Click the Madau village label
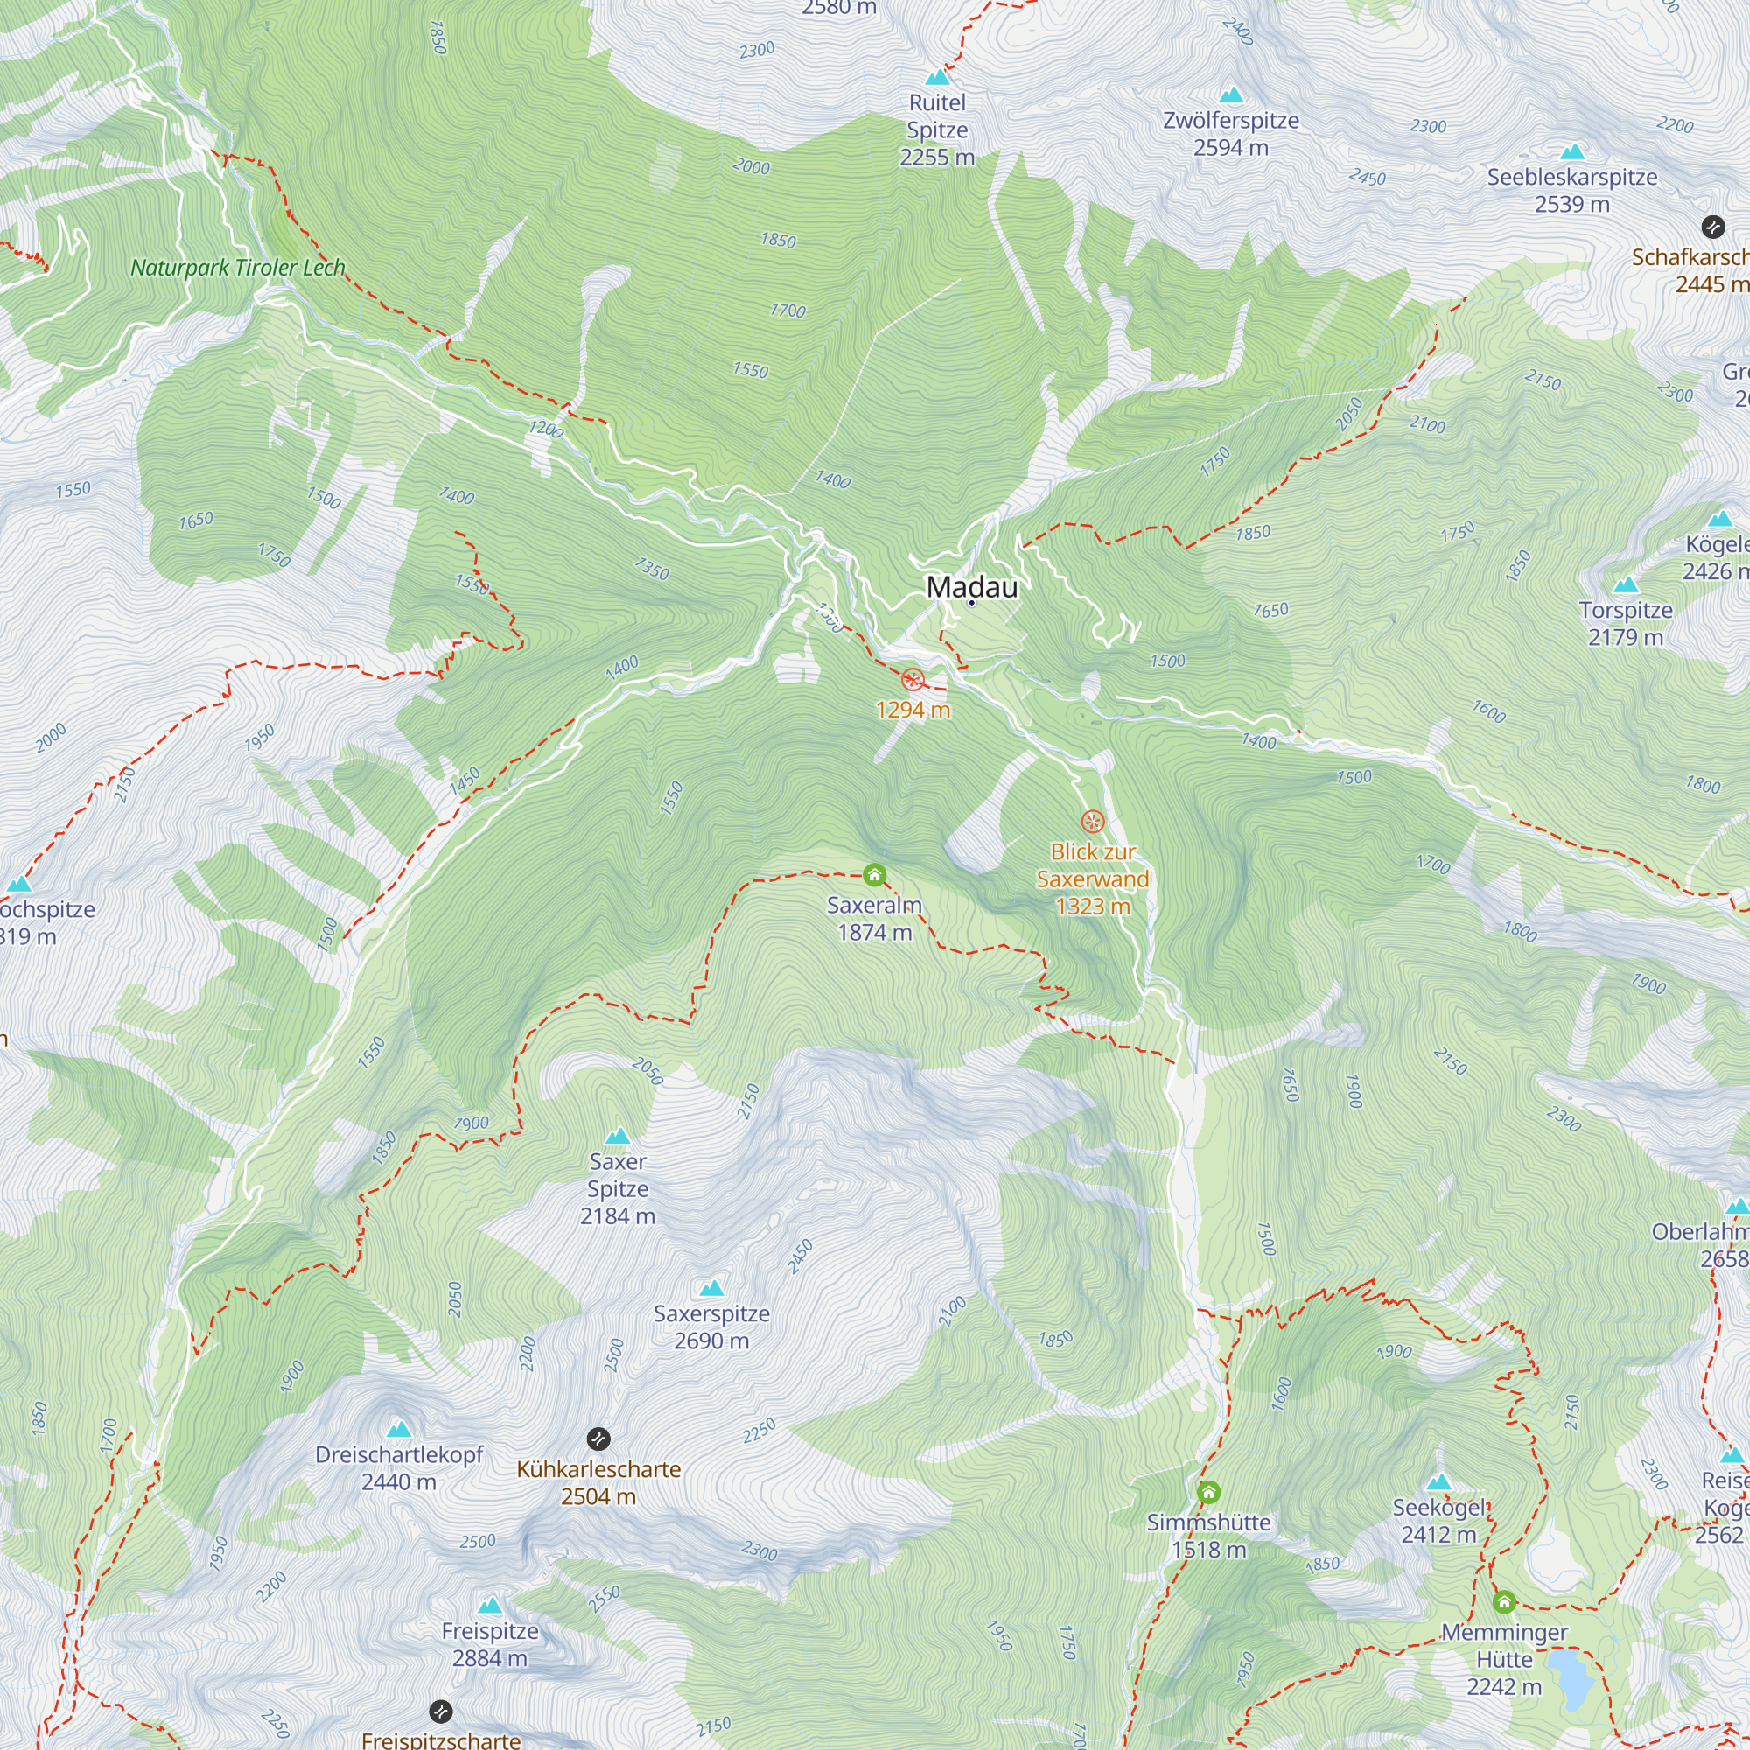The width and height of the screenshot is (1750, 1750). [x=972, y=587]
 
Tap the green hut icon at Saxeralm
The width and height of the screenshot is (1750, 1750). [x=874, y=875]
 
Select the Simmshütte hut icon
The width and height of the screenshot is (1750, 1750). [x=1208, y=1492]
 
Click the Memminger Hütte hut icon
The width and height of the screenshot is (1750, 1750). [x=1503, y=1602]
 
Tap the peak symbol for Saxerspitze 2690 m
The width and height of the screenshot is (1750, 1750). [x=712, y=1288]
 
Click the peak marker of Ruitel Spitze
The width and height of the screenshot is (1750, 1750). [x=937, y=78]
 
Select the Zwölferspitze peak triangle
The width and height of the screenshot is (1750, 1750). [x=1231, y=95]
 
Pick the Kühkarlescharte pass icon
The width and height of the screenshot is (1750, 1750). [x=598, y=1438]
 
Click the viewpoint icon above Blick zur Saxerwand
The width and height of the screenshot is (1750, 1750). [x=1093, y=822]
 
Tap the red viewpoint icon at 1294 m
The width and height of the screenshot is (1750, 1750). [x=913, y=679]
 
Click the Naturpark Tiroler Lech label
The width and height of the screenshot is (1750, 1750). [x=238, y=268]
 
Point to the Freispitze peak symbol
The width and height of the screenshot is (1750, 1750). [x=490, y=1606]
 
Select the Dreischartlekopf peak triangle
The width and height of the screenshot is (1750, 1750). [x=398, y=1430]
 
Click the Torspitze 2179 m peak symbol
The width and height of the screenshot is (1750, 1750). [x=1626, y=585]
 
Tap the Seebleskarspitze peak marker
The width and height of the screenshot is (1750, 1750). [x=1572, y=152]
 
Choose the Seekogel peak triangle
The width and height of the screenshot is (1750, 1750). [x=1439, y=1483]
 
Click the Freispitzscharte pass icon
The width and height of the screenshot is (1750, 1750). [x=440, y=1711]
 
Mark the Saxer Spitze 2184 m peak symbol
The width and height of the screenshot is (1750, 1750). [x=618, y=1136]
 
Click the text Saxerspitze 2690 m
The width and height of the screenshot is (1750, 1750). [x=712, y=1327]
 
